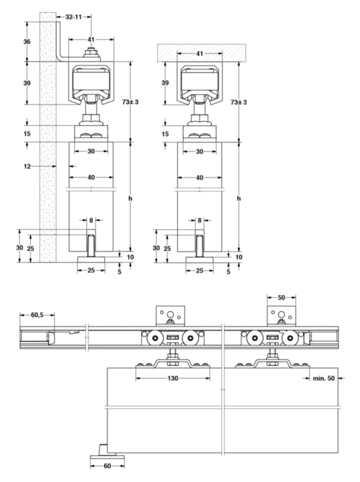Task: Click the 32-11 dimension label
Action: pyautogui.click(x=73, y=17)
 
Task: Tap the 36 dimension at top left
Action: pyautogui.click(x=27, y=42)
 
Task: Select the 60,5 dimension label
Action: pyautogui.click(x=37, y=315)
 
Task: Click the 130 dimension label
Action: pyautogui.click(x=173, y=378)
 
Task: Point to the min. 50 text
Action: pyautogui.click(x=324, y=378)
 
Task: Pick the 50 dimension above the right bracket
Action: pyautogui.click(x=281, y=298)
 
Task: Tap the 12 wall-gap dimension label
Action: pyautogui.click(x=27, y=166)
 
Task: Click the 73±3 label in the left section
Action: pyautogui.click(x=130, y=102)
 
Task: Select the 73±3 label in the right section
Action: pyautogui.click(x=239, y=102)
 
